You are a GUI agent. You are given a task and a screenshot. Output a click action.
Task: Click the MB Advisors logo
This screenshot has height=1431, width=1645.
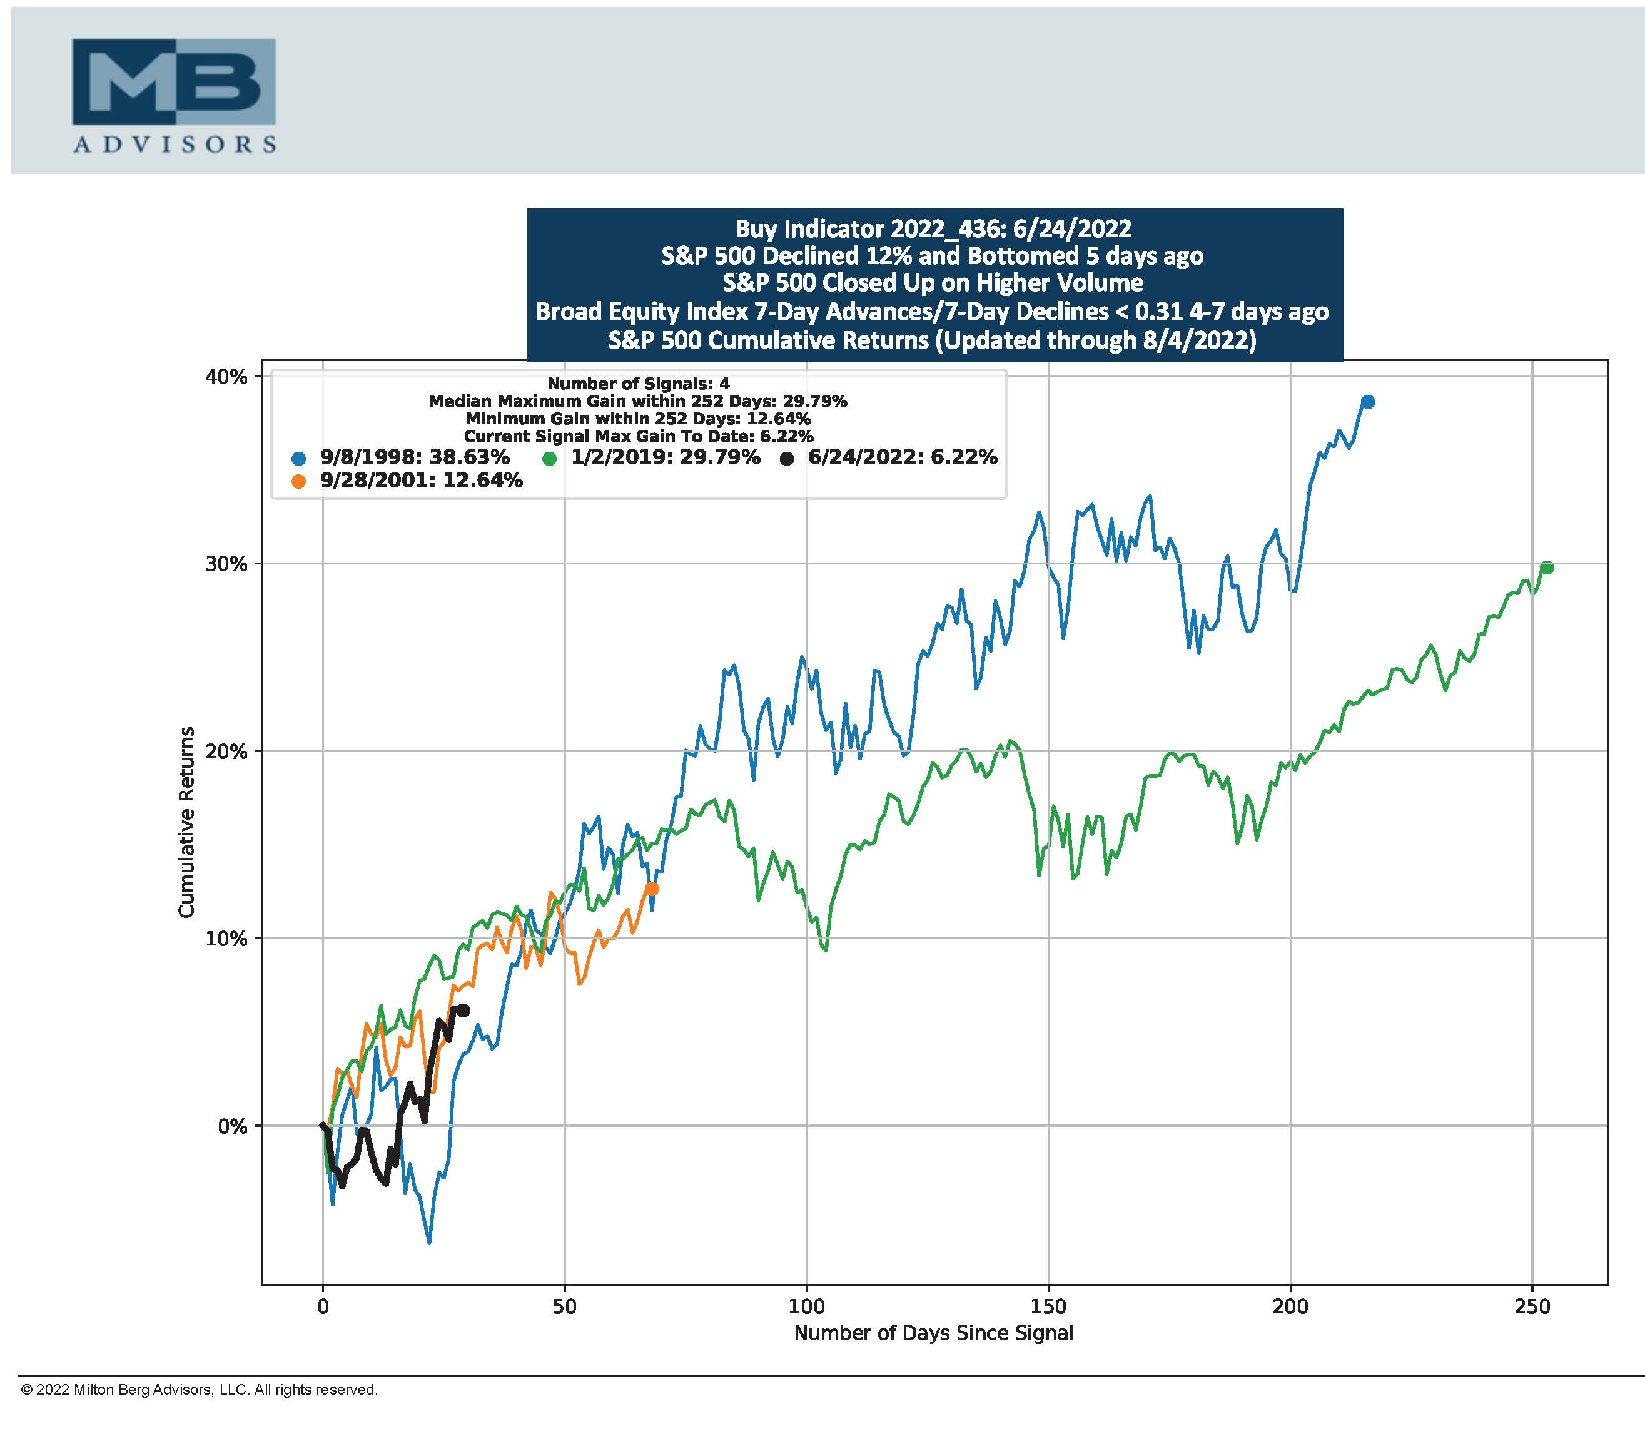click(x=174, y=95)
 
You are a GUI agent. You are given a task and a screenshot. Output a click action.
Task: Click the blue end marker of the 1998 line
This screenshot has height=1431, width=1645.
click(x=1367, y=402)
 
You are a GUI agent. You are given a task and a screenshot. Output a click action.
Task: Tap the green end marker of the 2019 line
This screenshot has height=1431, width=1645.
click(x=1546, y=568)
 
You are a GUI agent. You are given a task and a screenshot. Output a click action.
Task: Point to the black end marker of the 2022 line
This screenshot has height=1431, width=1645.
click(x=463, y=1010)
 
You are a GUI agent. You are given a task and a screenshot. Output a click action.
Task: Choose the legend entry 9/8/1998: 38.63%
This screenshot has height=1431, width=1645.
click(x=413, y=457)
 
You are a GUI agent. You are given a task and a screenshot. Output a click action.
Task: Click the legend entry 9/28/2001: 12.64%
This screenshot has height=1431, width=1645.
click(x=420, y=481)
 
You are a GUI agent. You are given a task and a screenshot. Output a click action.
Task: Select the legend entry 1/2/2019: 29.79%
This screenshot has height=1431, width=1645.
click(x=665, y=457)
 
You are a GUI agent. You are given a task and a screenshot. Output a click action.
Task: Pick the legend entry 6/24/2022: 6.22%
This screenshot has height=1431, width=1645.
click(x=902, y=457)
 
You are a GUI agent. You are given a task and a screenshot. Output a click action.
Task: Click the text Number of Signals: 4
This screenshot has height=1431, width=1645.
click(x=639, y=384)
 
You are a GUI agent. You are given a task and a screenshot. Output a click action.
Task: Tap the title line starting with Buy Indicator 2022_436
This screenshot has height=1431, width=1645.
click(x=933, y=229)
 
